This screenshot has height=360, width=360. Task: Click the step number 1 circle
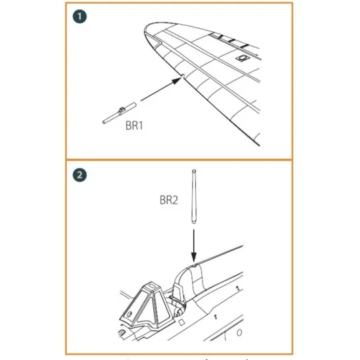pyautogui.click(x=80, y=17)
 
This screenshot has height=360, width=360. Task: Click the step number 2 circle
pyautogui.click(x=80, y=175)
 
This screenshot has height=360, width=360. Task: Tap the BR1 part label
pyautogui.click(x=134, y=125)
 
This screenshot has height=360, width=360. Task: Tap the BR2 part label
pyautogui.click(x=169, y=200)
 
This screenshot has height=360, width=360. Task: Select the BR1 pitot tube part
pyautogui.click(x=119, y=113)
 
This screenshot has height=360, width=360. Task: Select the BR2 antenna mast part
pyautogui.click(x=194, y=197)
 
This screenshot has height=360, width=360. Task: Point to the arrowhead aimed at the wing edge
pyautogui.click(x=177, y=80)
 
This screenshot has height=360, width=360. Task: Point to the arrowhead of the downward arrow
pyautogui.click(x=194, y=257)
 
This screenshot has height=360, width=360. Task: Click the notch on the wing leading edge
pyautogui.click(x=183, y=75)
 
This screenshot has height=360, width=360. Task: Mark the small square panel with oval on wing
pyautogui.click(x=242, y=58)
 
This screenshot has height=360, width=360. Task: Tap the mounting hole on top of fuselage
pyautogui.click(x=194, y=265)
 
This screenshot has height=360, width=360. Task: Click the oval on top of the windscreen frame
pyautogui.click(x=152, y=286)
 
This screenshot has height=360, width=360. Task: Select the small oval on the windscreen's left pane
pyautogui.click(x=129, y=314)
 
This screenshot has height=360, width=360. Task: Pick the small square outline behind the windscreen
pyautogui.click(x=181, y=323)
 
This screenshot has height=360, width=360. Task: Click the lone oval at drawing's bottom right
pyautogui.click(x=239, y=333)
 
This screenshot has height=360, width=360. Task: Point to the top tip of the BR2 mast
pyautogui.click(x=194, y=170)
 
